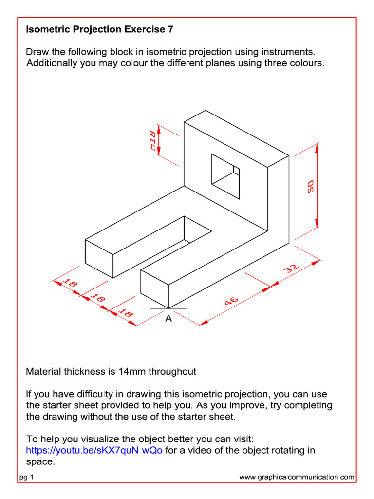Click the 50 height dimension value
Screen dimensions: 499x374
point(311,186)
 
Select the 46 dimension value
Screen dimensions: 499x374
point(232,302)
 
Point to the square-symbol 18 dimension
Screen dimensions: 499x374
point(152,140)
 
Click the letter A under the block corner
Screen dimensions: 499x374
point(168,319)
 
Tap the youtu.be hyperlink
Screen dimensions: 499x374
point(94,450)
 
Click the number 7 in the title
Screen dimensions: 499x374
point(170,29)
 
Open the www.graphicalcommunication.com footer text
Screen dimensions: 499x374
point(297,478)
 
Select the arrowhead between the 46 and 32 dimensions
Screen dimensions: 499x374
point(270,287)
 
